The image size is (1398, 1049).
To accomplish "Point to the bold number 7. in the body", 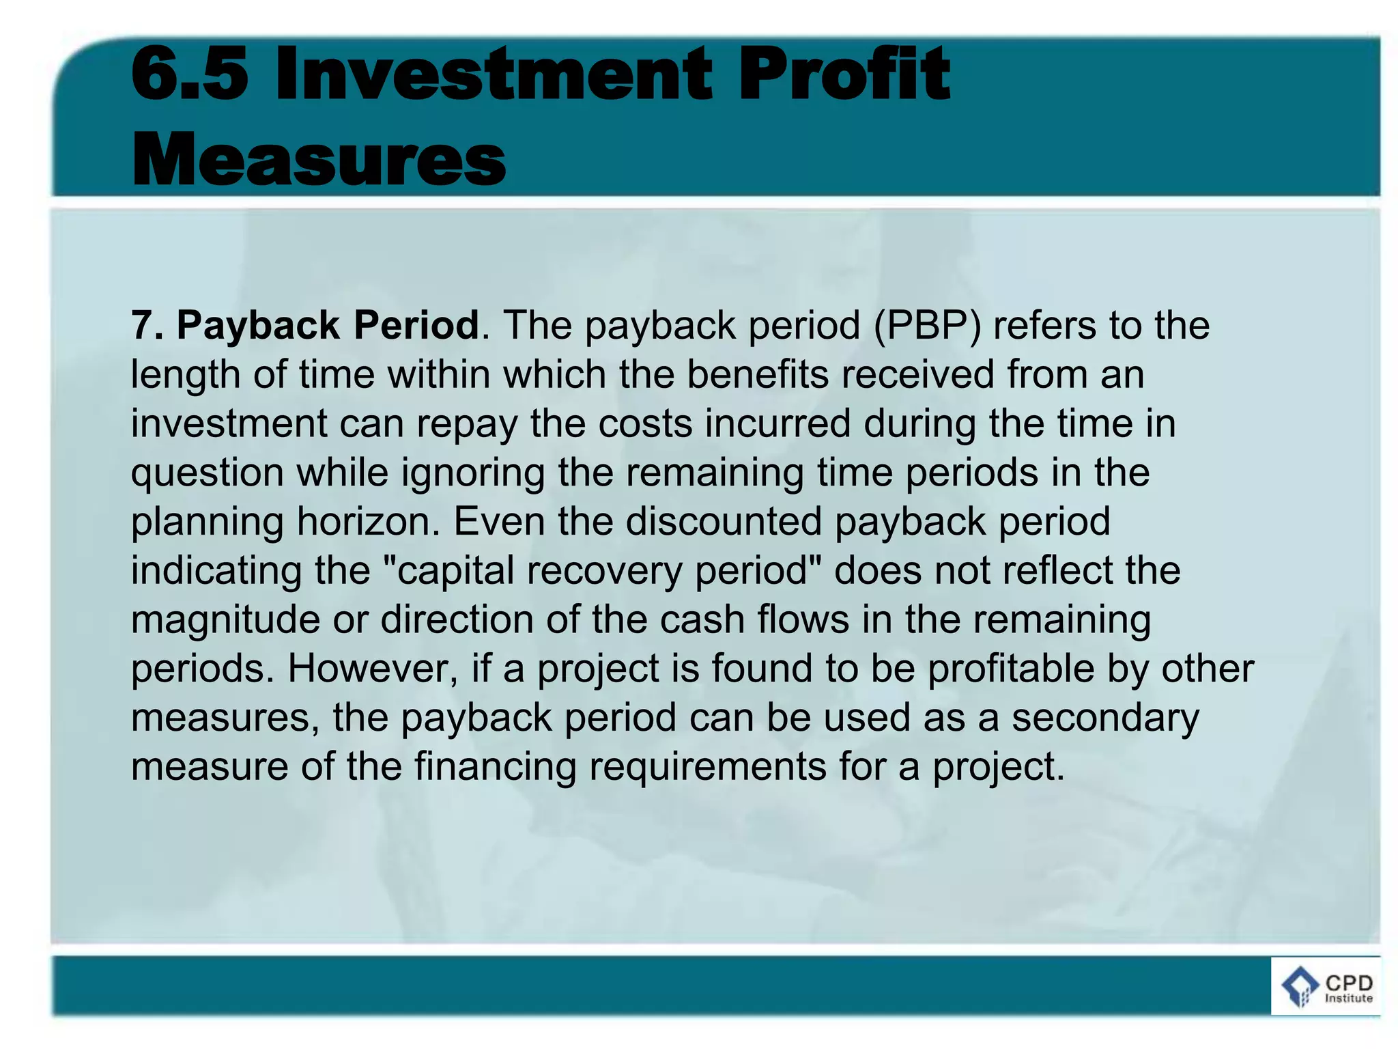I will coord(147,325).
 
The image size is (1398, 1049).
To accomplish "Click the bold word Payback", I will coord(258,326).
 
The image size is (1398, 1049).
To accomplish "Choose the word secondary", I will coord(1105,718).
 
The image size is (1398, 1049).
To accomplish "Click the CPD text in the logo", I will coord(1349,983).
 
